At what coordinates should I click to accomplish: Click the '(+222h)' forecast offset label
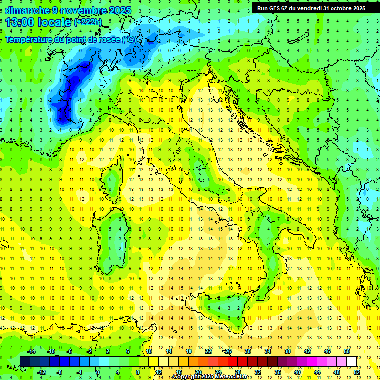(88, 22)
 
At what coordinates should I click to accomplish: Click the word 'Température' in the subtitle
(30, 39)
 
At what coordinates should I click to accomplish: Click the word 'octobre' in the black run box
(338, 8)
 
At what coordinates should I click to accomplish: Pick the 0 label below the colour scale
(98, 372)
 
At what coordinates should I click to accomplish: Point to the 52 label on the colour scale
(357, 372)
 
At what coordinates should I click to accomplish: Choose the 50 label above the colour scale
(347, 351)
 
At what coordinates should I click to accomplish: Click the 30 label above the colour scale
(248, 351)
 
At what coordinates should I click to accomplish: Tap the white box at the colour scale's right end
(351, 361)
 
